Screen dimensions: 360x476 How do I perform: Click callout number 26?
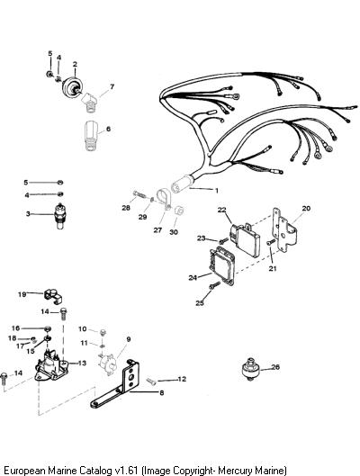(275, 367)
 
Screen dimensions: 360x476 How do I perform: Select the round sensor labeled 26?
(250, 369)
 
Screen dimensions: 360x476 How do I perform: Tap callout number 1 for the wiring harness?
(216, 191)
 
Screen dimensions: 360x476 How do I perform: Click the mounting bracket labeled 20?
(283, 230)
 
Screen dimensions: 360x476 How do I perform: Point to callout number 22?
(222, 210)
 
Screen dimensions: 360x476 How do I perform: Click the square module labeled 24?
(221, 266)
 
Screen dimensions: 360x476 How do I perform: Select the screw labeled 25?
(214, 285)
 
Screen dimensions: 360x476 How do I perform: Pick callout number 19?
(22, 294)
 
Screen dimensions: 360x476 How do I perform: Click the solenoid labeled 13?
(50, 365)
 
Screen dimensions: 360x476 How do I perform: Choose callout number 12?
(182, 379)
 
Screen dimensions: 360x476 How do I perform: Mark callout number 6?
(108, 129)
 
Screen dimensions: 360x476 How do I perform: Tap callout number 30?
(174, 232)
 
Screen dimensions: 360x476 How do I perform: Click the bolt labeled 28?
(139, 194)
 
